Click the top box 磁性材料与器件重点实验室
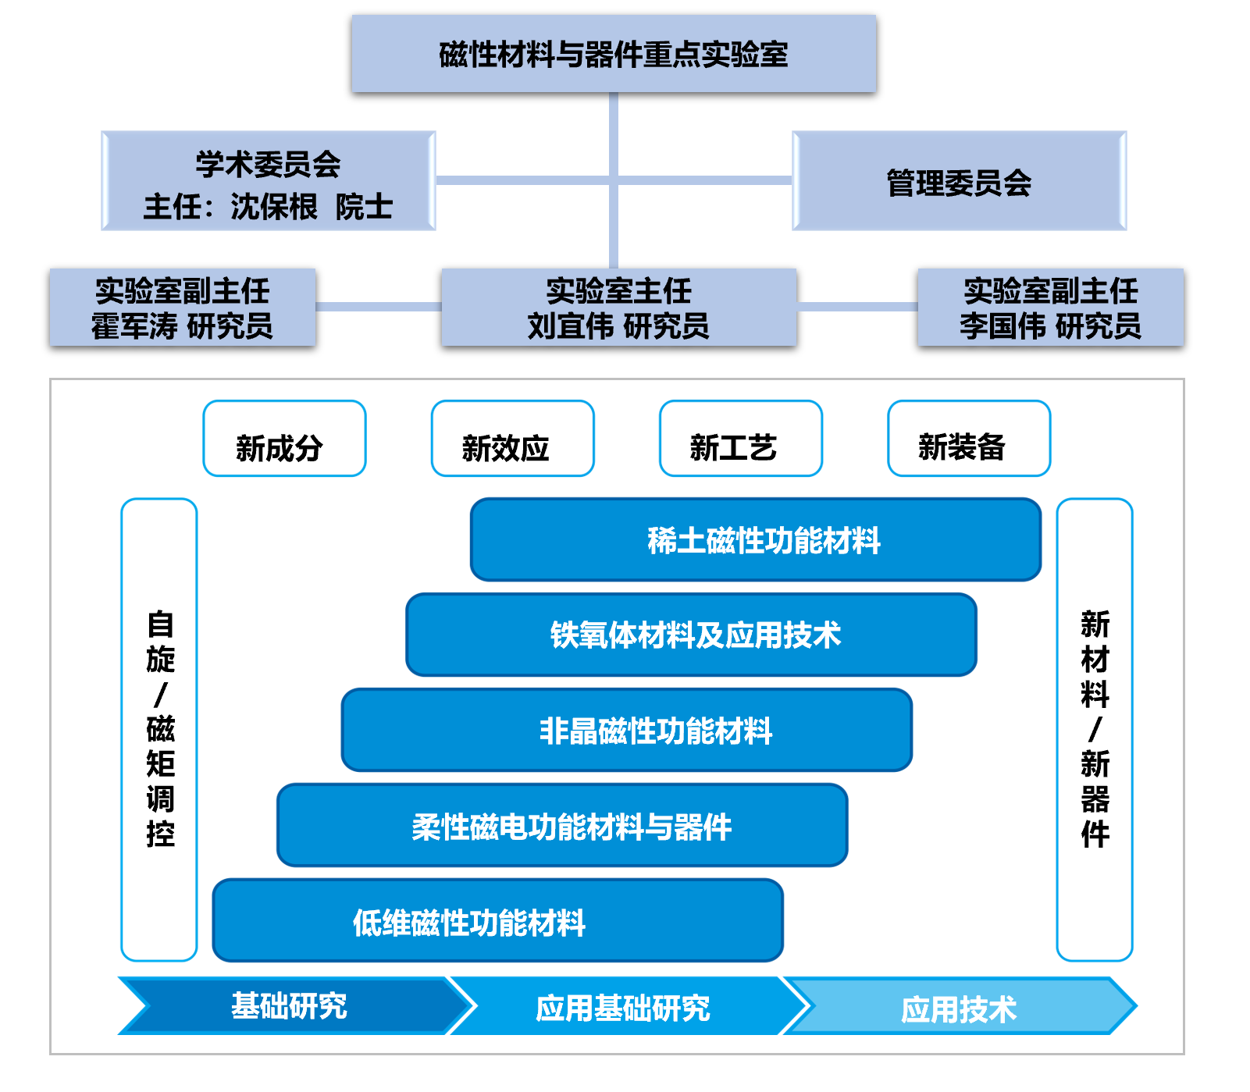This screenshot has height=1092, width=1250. [614, 54]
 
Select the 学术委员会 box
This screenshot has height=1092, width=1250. [269, 181]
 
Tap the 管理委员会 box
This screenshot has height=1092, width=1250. [960, 181]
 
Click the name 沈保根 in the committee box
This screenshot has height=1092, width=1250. [274, 207]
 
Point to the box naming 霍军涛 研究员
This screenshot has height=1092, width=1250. [183, 308]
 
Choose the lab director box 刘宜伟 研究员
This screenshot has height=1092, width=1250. [618, 308]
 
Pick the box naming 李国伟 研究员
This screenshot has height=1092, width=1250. [1051, 308]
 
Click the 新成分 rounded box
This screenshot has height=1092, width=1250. [284, 439]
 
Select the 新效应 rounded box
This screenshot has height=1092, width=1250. [513, 439]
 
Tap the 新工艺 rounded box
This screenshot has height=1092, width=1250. [741, 439]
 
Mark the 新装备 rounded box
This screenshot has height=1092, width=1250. [969, 439]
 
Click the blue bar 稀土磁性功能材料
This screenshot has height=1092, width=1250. [756, 540]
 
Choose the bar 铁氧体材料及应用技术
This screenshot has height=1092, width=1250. [692, 635]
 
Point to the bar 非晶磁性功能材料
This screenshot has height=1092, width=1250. [627, 731]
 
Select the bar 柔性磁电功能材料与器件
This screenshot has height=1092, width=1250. [562, 826]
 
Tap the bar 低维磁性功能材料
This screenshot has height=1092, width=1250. [498, 921]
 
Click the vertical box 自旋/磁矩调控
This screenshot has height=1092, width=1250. [159, 730]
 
